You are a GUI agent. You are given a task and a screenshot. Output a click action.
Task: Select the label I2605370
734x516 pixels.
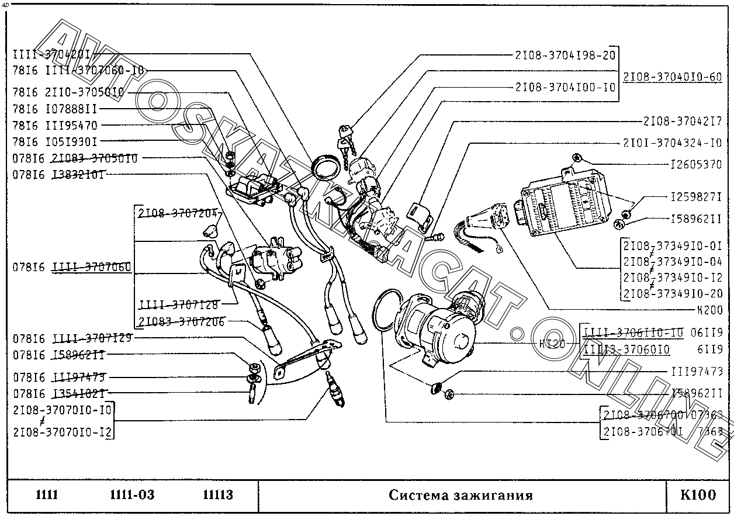(x=696, y=165)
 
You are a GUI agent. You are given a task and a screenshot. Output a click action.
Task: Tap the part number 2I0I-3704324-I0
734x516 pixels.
(x=671, y=143)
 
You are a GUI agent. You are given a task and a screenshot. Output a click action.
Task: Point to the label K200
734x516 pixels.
(x=710, y=310)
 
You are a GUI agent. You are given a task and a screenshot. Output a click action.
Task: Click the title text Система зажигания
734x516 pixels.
(x=461, y=496)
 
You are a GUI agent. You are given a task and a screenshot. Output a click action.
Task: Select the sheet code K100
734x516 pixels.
(x=698, y=496)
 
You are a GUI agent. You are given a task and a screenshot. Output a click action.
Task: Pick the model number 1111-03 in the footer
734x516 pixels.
(x=132, y=496)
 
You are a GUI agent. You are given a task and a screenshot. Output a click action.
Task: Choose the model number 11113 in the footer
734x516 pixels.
(x=218, y=496)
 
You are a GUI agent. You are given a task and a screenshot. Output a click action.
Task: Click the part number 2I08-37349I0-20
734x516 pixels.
(x=673, y=294)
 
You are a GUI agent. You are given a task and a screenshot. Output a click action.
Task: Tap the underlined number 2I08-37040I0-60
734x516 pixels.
(x=673, y=77)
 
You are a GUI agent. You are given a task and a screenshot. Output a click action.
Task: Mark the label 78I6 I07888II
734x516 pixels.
(x=55, y=109)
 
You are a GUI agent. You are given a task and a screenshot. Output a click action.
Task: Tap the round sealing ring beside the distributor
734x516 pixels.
(x=382, y=309)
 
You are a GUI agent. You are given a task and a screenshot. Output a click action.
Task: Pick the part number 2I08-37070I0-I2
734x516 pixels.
(x=63, y=432)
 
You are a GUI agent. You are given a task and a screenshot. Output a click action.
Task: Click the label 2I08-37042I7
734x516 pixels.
(x=682, y=122)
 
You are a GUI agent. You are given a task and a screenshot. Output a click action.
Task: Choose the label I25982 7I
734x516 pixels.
(x=696, y=198)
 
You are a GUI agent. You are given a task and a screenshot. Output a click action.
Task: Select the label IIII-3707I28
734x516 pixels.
(x=178, y=305)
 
